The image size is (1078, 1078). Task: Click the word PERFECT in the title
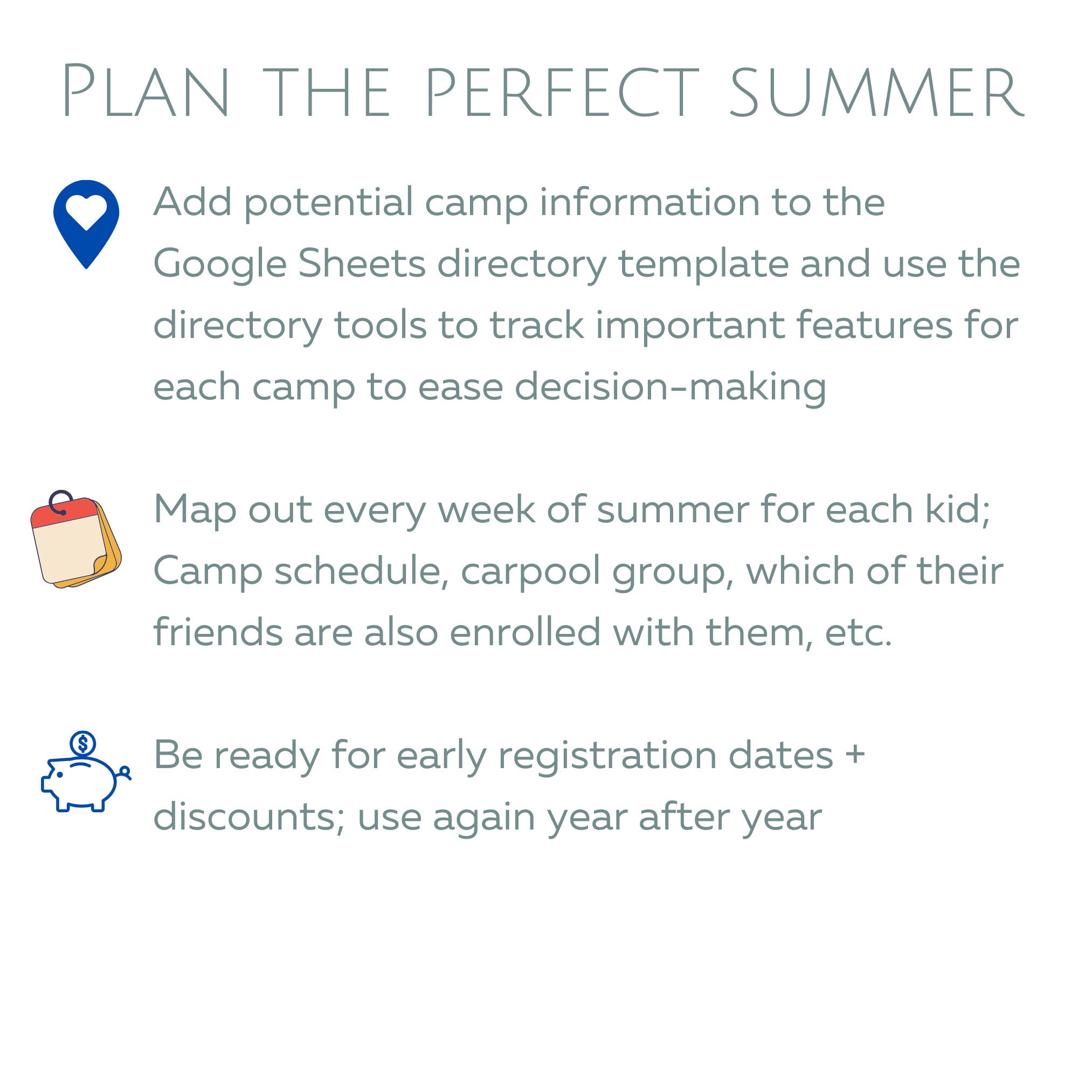[561, 92]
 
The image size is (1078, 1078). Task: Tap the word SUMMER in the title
[876, 92]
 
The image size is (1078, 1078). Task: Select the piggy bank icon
[84, 781]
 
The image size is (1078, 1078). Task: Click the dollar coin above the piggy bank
[83, 744]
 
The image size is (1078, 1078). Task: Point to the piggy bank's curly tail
[125, 772]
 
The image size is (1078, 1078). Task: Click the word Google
[220, 265]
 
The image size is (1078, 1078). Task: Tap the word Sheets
[362, 264]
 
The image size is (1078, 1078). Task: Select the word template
[703, 265]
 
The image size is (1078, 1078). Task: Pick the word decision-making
[669, 386]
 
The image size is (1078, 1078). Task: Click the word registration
[606, 756]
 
